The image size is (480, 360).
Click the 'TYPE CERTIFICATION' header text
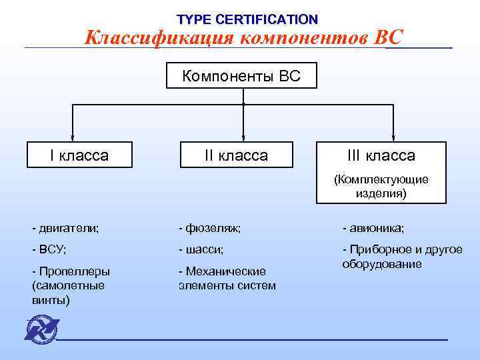(247, 19)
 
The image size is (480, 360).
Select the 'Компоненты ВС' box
(241, 77)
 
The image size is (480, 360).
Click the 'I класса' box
(79, 156)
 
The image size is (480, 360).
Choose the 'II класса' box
(236, 156)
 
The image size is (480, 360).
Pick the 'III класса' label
(381, 156)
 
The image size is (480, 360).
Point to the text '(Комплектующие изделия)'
(381, 187)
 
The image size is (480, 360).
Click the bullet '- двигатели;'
(65, 228)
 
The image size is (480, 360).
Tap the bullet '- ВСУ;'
(49, 249)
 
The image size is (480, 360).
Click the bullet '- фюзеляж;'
(209, 228)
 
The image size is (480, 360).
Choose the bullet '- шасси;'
(201, 249)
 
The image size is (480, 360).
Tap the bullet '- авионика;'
(373, 228)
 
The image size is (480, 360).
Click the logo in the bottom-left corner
(41, 330)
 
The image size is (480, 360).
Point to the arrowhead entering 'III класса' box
(393, 137)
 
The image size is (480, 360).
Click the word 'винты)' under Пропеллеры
(50, 300)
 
